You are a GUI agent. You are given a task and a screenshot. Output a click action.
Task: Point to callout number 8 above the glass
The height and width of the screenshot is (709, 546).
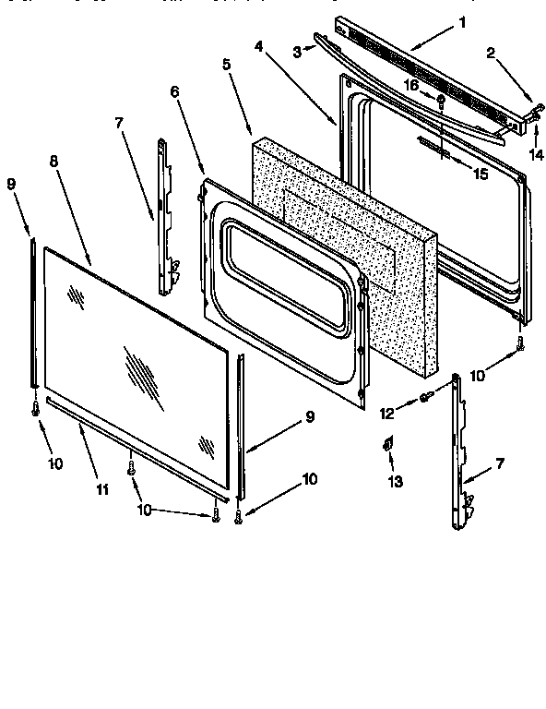coord(54,160)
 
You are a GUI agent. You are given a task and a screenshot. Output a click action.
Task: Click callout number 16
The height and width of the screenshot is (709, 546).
coord(412,85)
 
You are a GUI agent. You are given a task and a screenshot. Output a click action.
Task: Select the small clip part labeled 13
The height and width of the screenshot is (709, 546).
coord(388,446)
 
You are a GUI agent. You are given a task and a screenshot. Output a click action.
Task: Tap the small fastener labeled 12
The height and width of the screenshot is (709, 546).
coord(426,397)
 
